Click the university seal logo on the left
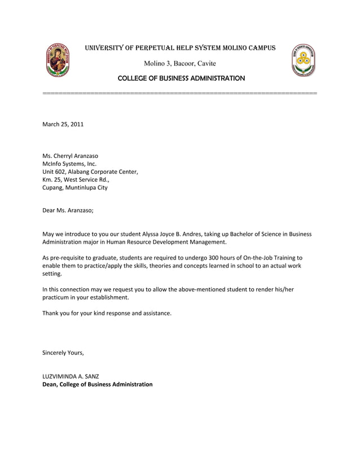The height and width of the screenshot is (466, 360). click(58, 59)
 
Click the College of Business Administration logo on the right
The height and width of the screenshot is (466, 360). click(303, 60)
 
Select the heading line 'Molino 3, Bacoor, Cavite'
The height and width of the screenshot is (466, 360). click(180, 63)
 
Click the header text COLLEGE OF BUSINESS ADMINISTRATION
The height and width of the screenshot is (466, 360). click(181, 78)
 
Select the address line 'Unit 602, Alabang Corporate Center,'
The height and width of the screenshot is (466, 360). click(90, 172)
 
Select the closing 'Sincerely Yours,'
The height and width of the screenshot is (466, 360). click(63, 353)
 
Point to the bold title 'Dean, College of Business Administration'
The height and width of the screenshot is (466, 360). click(98, 384)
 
